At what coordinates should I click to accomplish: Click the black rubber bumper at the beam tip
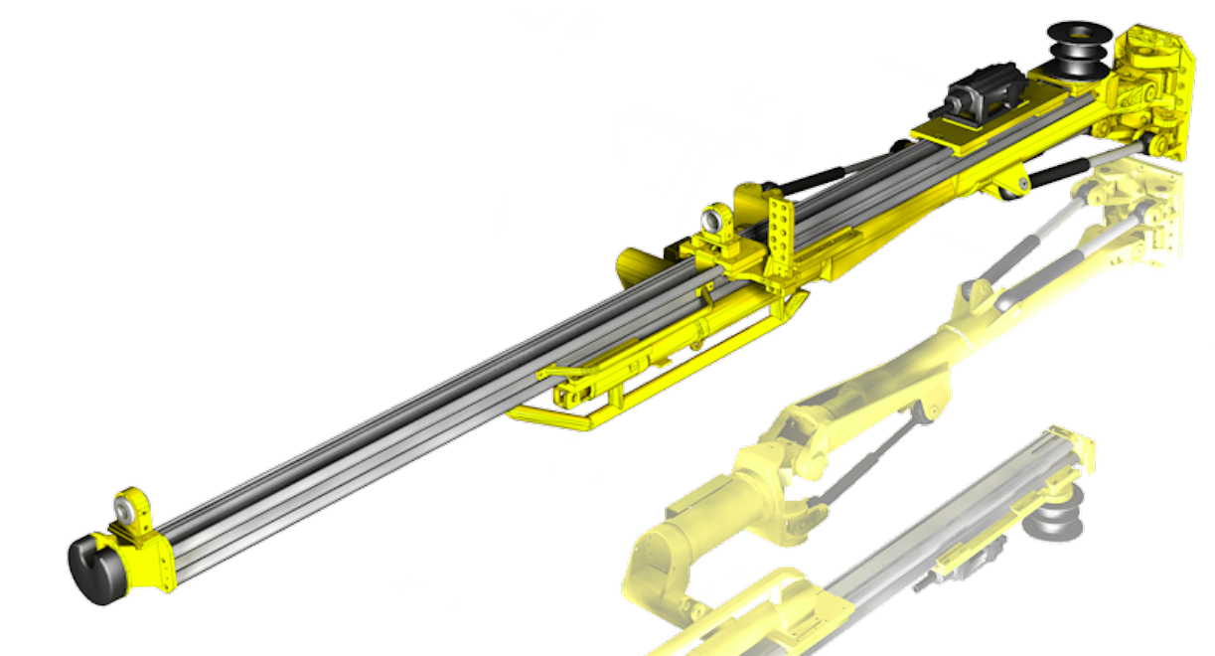point(94,570)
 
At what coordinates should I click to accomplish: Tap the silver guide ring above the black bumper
point(124,508)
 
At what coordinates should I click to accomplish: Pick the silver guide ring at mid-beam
point(713,217)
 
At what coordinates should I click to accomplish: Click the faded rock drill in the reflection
point(964,572)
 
